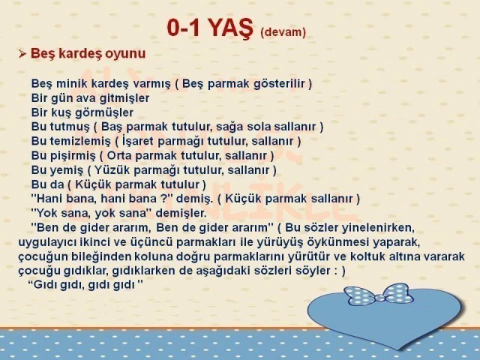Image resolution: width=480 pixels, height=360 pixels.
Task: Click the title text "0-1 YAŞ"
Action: (x=210, y=28)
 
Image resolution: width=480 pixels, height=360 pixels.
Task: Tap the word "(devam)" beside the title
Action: (x=283, y=31)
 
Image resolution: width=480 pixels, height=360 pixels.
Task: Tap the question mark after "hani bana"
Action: (x=163, y=198)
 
